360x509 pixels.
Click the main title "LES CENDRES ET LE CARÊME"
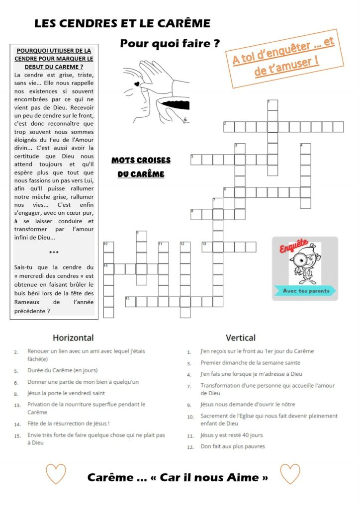122,23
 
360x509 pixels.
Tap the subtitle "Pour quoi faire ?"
170,44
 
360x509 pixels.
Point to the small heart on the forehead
136,85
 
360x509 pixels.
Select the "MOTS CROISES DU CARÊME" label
141,167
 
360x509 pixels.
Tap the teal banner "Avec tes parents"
305,290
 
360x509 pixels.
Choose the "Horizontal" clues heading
73,338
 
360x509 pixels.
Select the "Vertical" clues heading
241,338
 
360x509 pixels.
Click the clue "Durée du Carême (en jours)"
62,370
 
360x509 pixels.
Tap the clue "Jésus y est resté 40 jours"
231,435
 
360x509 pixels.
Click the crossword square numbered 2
229,127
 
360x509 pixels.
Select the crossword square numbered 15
130,301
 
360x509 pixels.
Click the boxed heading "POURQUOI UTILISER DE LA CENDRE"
54,59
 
